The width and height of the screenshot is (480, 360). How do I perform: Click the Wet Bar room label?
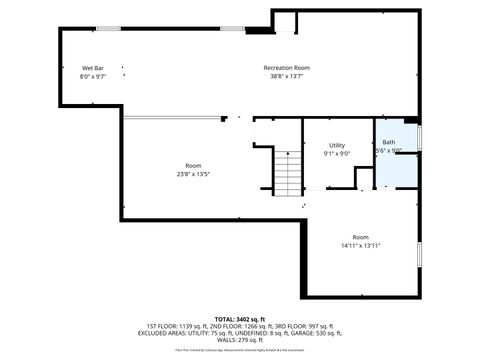pyautogui.click(x=92, y=68)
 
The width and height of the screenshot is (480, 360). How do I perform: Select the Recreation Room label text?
pyautogui.click(x=286, y=68)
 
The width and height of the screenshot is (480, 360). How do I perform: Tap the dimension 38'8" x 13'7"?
pyautogui.click(x=286, y=76)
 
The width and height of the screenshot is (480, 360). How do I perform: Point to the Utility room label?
pyautogui.click(x=337, y=146)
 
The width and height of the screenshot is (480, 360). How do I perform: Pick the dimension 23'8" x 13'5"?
pyautogui.click(x=193, y=173)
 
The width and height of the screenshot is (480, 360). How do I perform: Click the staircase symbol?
pyautogui.click(x=288, y=174)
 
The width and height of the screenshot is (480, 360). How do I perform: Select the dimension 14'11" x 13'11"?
pyautogui.click(x=360, y=245)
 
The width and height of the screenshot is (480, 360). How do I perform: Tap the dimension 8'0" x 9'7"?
pyautogui.click(x=92, y=76)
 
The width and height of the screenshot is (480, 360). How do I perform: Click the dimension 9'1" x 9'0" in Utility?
pyautogui.click(x=337, y=154)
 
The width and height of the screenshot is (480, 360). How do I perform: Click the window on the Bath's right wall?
pyautogui.click(x=420, y=135)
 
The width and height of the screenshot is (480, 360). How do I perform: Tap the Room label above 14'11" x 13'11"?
pyautogui.click(x=360, y=237)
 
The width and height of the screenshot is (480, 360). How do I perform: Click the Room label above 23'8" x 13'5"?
pyautogui.click(x=193, y=165)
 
